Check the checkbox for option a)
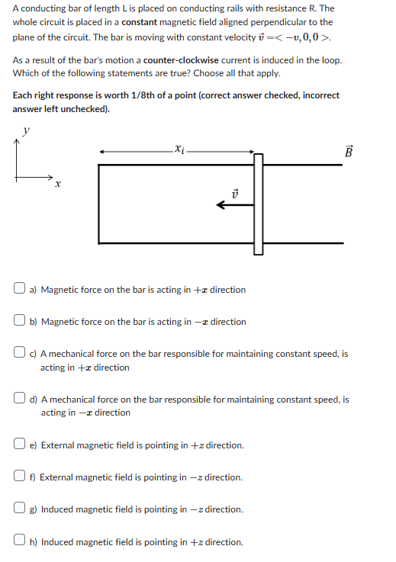tap(21, 290)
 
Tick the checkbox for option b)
tap(21, 322)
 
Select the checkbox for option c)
tap(21, 354)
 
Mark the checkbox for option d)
tap(21, 399)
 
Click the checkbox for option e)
tap(21, 445)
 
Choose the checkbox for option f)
tap(21, 477)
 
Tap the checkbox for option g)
tap(21, 509)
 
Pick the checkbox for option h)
tap(21, 542)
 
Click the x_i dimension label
tap(179, 150)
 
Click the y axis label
tap(26, 131)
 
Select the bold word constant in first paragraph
tap(146, 22)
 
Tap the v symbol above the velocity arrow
tap(234, 189)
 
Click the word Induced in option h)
tap(58, 542)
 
